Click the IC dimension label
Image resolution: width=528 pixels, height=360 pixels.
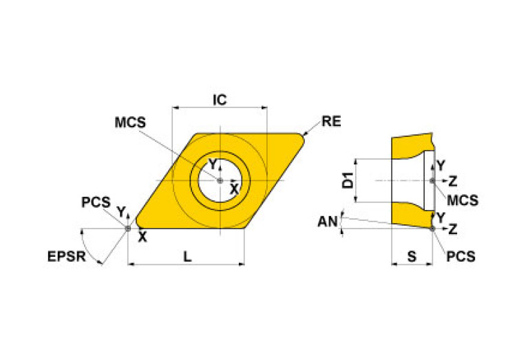pos(219,100)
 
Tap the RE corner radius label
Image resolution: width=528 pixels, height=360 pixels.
pos(331,123)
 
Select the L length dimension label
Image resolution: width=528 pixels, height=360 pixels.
pos(187,255)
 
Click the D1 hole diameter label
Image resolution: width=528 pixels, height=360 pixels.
pos(347,181)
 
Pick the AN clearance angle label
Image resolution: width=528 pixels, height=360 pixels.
pos(327,222)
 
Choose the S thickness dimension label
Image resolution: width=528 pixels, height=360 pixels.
pos(412,256)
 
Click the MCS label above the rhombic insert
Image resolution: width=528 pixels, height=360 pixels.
pos(130,122)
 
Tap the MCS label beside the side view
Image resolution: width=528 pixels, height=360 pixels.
pos(462,200)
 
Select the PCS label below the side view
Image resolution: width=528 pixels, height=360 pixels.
pos(461,256)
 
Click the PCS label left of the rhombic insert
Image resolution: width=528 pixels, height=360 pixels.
pos(96,202)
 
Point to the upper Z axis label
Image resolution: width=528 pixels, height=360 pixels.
pos(452,181)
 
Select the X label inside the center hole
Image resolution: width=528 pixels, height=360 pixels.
pos(234,188)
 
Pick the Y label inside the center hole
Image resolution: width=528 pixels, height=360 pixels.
pos(213,164)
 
